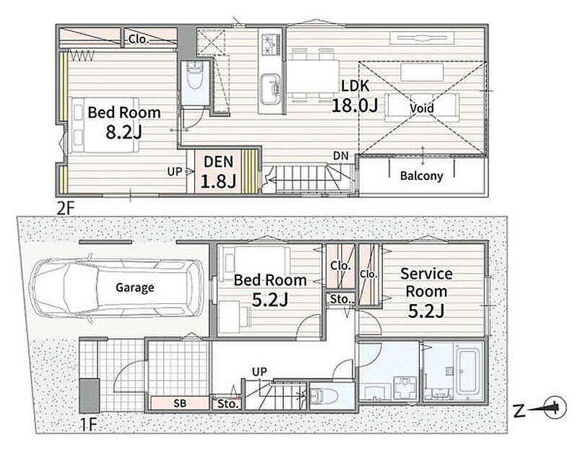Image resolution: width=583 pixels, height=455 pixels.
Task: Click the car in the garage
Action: coord(116,288)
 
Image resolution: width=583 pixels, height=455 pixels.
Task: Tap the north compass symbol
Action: coord(555,407)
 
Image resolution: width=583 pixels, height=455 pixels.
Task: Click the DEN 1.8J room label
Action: coord(219,171)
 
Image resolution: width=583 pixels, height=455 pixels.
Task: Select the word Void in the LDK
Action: coord(422,108)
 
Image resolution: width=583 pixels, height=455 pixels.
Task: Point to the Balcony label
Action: coord(421,175)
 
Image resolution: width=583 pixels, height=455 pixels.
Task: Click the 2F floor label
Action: coord(66,209)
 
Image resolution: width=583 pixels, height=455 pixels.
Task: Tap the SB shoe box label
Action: coord(180,403)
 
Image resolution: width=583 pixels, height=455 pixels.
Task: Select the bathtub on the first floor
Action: coord(468,371)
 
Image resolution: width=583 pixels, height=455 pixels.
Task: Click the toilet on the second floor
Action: coord(195,75)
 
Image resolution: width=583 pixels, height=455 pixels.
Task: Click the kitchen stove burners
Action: coord(271,43)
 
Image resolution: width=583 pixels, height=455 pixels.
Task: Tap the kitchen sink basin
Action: coord(270,90)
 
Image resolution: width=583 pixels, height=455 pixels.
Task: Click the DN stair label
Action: coord(340,156)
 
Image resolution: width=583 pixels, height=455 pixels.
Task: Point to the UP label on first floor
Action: coord(259,372)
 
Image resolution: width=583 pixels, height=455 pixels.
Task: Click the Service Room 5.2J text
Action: coord(426,292)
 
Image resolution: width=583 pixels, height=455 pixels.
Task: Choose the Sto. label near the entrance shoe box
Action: coord(227,404)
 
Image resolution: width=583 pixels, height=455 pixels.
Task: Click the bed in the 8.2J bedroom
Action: coord(105,125)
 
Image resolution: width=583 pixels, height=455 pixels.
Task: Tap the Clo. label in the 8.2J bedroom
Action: coord(139,39)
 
